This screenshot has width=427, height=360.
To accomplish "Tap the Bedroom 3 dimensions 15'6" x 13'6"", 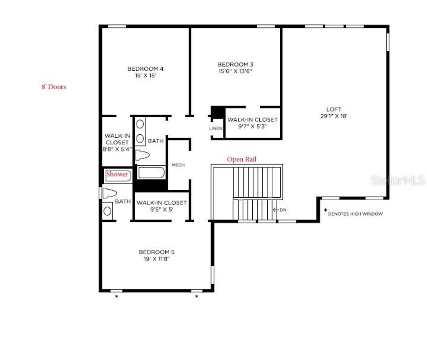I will pos(235,71).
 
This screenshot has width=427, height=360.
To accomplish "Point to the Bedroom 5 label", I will pos(156,252).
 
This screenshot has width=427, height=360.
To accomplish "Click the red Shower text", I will pos(117,174).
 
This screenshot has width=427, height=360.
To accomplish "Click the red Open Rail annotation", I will pos(241,159).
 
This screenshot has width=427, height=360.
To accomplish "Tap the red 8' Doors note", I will pos(53,87).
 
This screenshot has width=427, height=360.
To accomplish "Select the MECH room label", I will pos(178,165).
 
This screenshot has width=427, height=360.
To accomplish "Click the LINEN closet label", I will pos(216,128).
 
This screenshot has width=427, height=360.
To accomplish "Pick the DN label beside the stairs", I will pos(283,209).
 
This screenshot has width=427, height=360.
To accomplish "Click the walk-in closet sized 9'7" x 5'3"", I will pos(252,123).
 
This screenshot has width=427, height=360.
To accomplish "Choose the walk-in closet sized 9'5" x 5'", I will pos(161,206).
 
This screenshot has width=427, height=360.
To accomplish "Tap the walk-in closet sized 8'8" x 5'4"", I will pos(117,142).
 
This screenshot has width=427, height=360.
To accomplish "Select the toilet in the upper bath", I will pos(143,155).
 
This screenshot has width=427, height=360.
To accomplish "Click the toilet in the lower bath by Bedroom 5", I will pos(109,193).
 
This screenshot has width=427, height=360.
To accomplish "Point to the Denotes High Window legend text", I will pos(355,214).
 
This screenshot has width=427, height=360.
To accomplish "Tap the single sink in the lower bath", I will pos(108,210).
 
